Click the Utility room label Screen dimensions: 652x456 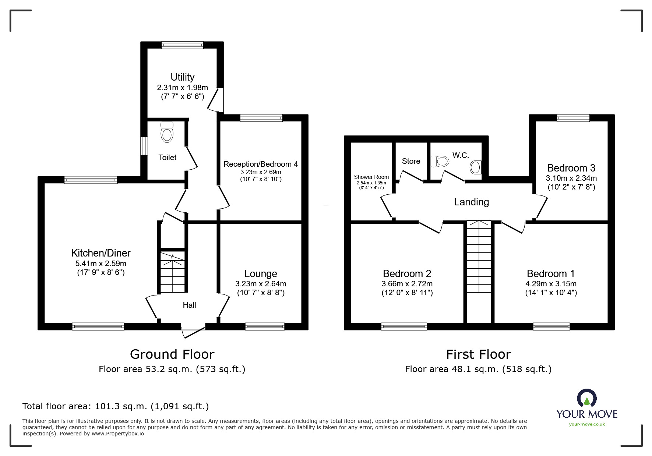[182, 77]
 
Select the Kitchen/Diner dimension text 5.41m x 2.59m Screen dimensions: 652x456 [101, 264]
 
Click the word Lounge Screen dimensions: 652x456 [261, 273]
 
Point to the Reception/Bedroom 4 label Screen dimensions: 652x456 [261, 164]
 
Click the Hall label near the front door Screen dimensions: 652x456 [189, 305]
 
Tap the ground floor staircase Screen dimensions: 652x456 [172, 272]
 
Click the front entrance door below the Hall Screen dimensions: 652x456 [193, 331]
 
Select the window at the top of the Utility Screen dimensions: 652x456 [182, 45]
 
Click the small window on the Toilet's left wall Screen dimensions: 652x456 [144, 146]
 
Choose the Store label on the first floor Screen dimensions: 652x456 [411, 161]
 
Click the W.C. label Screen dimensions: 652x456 [461, 155]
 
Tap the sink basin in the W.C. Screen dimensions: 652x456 [476, 167]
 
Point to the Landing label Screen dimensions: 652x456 [471, 202]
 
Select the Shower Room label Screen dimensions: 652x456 [371, 177]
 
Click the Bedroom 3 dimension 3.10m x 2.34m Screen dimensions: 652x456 [571, 178]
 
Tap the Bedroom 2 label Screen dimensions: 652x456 [407, 273]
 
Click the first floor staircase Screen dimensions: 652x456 [479, 257]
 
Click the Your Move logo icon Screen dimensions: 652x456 [587, 398]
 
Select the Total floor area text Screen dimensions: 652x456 [116, 406]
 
